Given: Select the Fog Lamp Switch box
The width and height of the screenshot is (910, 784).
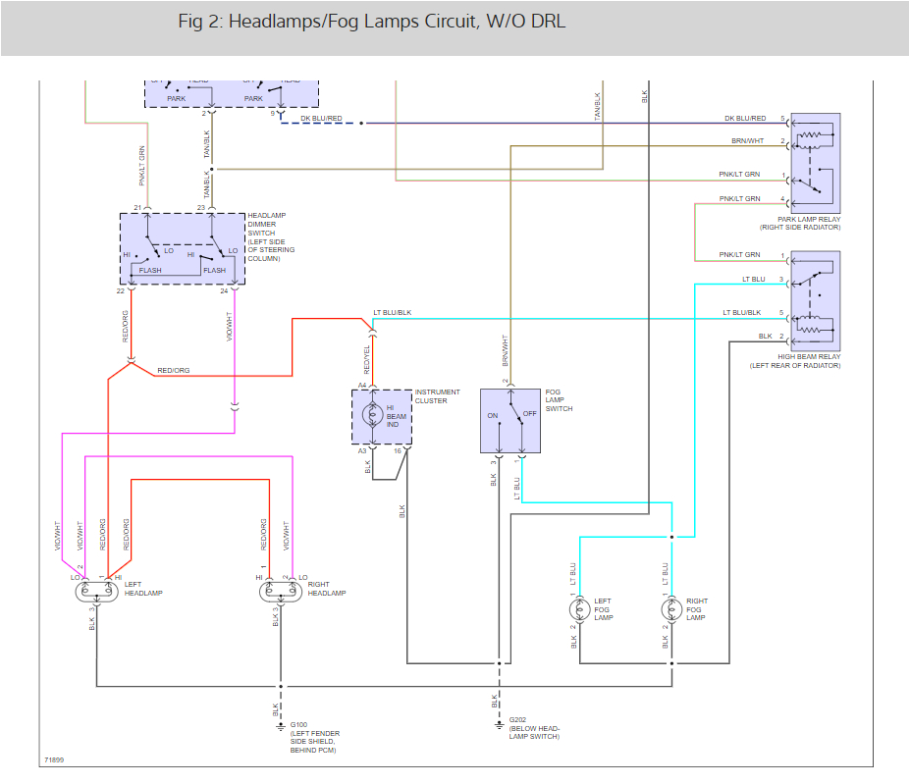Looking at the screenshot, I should (510, 421).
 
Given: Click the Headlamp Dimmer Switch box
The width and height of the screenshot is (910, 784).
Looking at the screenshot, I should (182, 248).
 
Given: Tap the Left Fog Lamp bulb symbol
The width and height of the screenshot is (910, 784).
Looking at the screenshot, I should (579, 609).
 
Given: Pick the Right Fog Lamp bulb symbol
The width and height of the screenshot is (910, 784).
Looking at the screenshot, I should (671, 609).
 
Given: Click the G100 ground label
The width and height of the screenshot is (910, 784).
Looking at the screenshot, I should (298, 724).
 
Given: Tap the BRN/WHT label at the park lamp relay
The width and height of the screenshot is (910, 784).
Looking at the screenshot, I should (747, 141).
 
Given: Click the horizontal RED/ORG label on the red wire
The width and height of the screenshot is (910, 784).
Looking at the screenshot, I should (174, 371).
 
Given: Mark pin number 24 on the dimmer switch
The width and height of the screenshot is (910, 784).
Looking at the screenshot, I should (224, 290).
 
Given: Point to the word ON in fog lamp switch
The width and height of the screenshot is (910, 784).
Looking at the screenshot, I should (492, 414).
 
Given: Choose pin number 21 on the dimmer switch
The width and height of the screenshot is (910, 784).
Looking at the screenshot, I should (137, 208).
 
